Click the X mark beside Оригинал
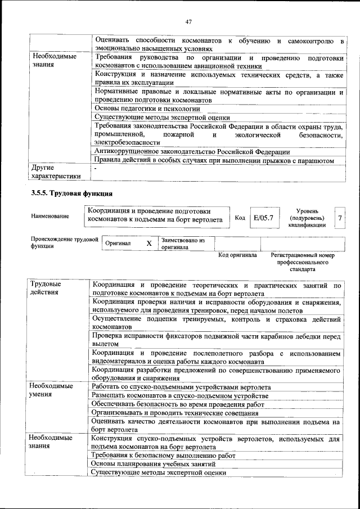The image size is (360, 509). [149, 244]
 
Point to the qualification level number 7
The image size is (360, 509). [339, 217]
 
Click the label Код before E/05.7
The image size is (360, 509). [240, 218]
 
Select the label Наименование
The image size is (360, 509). [50, 216]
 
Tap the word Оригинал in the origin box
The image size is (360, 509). [118, 244]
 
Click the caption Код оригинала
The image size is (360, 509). [237, 255]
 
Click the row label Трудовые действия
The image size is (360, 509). [46, 289]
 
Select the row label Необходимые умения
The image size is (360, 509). [51, 391]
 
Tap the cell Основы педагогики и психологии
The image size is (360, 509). [147, 107]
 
